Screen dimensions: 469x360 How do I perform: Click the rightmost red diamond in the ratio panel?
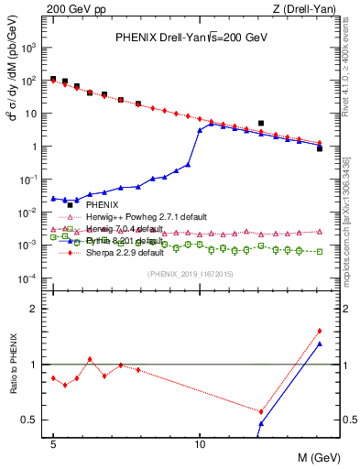[319, 331]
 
